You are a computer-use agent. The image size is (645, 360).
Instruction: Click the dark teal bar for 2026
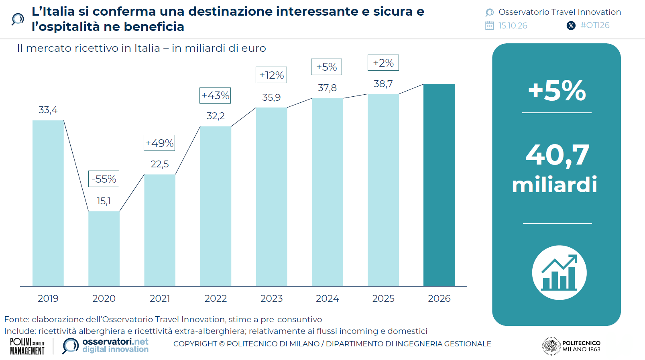(x=439, y=185)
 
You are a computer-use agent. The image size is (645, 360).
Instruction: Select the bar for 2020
(x=104, y=248)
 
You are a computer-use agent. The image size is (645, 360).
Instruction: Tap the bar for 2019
(x=48, y=203)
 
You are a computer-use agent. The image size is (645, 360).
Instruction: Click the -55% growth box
(x=104, y=179)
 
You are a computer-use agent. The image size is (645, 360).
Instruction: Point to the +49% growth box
(x=159, y=143)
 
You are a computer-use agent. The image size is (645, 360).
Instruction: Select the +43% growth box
(x=215, y=96)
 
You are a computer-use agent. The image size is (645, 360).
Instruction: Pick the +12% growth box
(x=271, y=75)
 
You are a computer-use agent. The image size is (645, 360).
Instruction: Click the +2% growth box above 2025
(x=383, y=63)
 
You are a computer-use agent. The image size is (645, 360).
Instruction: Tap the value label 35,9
(x=271, y=98)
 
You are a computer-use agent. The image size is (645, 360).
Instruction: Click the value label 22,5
(x=159, y=164)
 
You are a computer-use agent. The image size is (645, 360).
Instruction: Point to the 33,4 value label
(x=48, y=110)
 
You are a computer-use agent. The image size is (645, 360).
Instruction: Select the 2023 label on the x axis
(x=271, y=298)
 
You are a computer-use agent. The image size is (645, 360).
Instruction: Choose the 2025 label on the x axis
(x=383, y=298)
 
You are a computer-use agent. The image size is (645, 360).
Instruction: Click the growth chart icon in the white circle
(x=559, y=273)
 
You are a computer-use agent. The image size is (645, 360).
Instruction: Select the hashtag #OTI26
(x=595, y=25)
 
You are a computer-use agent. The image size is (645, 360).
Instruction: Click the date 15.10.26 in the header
(x=513, y=26)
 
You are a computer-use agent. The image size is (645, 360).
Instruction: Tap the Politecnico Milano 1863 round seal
(x=551, y=346)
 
